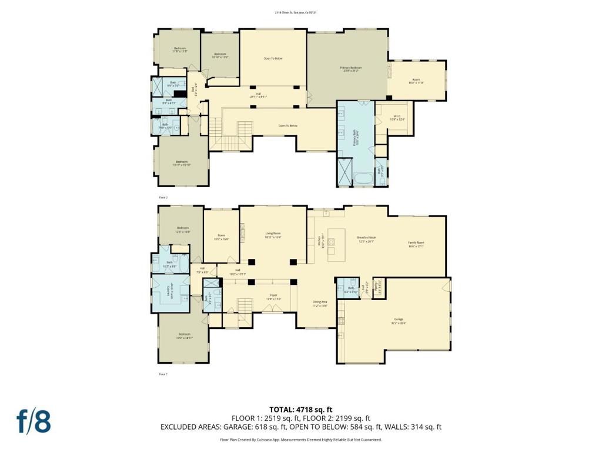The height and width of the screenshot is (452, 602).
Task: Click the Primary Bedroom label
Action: click(x=351, y=69)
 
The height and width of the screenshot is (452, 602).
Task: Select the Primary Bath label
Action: click(x=355, y=137)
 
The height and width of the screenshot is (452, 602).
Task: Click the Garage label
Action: click(x=398, y=322)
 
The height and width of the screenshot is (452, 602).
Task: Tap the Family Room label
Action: click(x=416, y=244)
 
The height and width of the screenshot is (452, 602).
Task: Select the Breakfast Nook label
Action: click(x=366, y=239)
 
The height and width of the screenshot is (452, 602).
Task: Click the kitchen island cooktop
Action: click(x=331, y=241)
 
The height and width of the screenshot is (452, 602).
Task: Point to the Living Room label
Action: click(x=273, y=235)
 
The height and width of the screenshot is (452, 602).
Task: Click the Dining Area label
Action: click(x=320, y=305)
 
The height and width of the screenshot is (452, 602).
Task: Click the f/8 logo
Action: click(x=33, y=422)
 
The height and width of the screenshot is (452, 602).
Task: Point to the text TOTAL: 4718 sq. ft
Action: click(x=300, y=409)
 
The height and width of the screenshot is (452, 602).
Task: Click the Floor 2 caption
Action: click(x=163, y=198)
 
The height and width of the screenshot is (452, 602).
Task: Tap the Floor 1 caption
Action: click(x=163, y=374)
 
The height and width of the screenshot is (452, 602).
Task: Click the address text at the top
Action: click(x=300, y=12)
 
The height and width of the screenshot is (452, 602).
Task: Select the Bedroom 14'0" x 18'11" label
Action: click(x=183, y=337)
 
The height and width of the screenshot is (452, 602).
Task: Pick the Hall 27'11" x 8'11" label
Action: click(x=258, y=95)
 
